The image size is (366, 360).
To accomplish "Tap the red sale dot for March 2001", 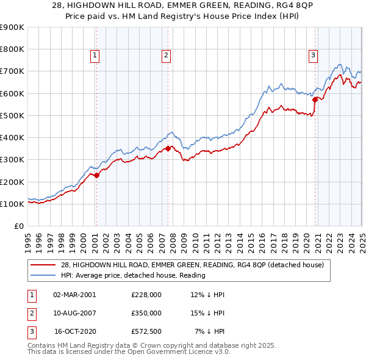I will pyautogui.click(x=96, y=176).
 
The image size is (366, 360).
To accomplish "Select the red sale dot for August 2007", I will pyautogui.click(x=168, y=148).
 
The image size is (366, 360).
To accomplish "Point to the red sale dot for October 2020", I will pyautogui.click(x=315, y=99).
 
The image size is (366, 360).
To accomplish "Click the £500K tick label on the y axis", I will pyautogui.click(x=12, y=115).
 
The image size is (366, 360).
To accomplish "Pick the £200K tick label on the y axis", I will pyautogui.click(x=12, y=182).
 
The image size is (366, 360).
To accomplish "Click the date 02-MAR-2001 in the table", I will pyautogui.click(x=74, y=295).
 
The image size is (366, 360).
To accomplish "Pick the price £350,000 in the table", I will pyautogui.click(x=146, y=313).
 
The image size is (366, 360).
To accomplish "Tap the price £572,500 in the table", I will pyautogui.click(x=146, y=331).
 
